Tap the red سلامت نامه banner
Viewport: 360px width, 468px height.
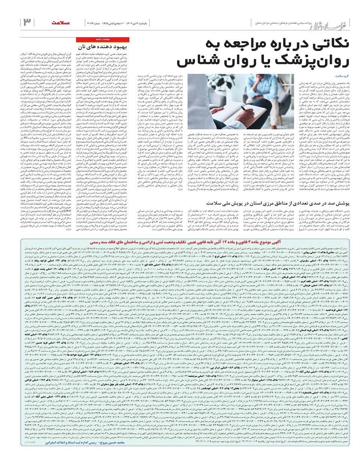tap(102, 39)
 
